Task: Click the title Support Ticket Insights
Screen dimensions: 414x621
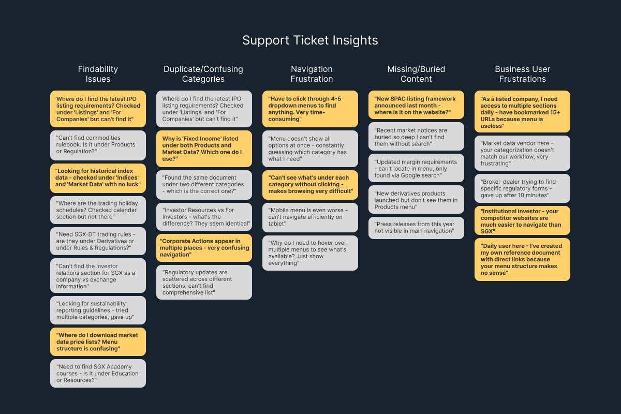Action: point(310,40)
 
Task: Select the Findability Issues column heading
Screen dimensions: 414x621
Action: point(98,74)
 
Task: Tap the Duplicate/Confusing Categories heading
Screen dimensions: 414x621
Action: point(203,74)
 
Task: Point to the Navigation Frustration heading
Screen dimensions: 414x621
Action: point(312,74)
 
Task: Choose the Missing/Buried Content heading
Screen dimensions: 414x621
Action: point(416,74)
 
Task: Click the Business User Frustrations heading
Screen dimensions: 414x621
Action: point(522,74)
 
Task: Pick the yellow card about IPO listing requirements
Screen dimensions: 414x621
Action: point(98,109)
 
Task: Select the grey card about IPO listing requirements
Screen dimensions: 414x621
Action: point(204,109)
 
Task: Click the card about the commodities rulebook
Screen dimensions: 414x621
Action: point(98,144)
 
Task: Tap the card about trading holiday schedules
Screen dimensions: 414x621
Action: point(98,210)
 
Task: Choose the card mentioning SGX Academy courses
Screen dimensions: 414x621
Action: point(98,373)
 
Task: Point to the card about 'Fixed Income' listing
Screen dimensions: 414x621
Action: point(204,149)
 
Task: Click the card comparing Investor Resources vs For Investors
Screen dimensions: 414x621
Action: point(204,217)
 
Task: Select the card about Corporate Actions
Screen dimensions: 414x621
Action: point(204,248)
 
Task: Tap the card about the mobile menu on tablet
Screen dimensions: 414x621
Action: point(310,217)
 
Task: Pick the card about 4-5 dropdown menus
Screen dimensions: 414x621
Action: point(310,109)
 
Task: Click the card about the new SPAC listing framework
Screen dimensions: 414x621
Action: point(416,105)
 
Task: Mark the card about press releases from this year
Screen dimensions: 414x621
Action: point(416,228)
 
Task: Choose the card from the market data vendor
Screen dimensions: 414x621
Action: point(522,153)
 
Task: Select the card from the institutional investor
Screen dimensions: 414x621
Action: point(522,221)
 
